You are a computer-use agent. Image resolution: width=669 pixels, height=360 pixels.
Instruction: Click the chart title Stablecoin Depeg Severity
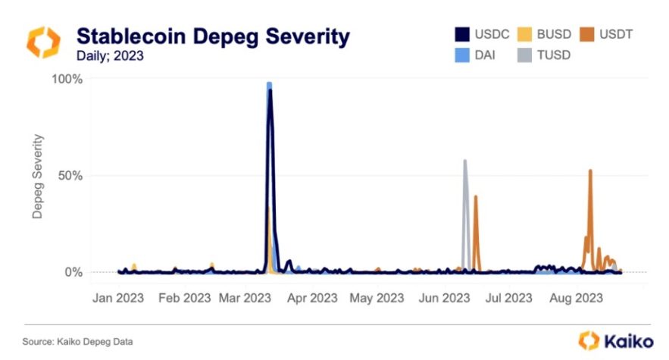pyautogui.click(x=213, y=36)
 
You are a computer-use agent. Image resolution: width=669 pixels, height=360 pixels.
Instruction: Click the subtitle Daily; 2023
pyautogui.click(x=109, y=56)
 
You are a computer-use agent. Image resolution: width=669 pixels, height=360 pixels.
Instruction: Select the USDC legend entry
pyautogui.click(x=483, y=34)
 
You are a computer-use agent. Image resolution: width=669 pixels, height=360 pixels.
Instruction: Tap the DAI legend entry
pyautogui.click(x=477, y=55)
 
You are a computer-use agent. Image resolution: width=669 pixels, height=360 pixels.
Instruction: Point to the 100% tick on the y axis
pyautogui.click(x=67, y=79)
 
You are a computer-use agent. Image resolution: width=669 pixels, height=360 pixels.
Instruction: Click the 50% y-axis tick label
pyautogui.click(x=70, y=176)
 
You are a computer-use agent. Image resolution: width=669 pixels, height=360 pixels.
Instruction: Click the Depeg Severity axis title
pyautogui.click(x=37, y=177)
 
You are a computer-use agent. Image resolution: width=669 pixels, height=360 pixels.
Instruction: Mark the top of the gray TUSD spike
pyautogui.click(x=464, y=161)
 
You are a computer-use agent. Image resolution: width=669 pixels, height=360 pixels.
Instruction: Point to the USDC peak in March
pyautogui.click(x=270, y=90)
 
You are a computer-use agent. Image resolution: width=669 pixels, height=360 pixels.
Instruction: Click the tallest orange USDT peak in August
pyautogui.click(x=590, y=171)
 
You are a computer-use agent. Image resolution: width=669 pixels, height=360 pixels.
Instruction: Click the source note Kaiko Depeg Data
pyautogui.click(x=72, y=342)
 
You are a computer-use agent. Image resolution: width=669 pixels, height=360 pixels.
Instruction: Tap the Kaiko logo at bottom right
pyautogui.click(x=611, y=340)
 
